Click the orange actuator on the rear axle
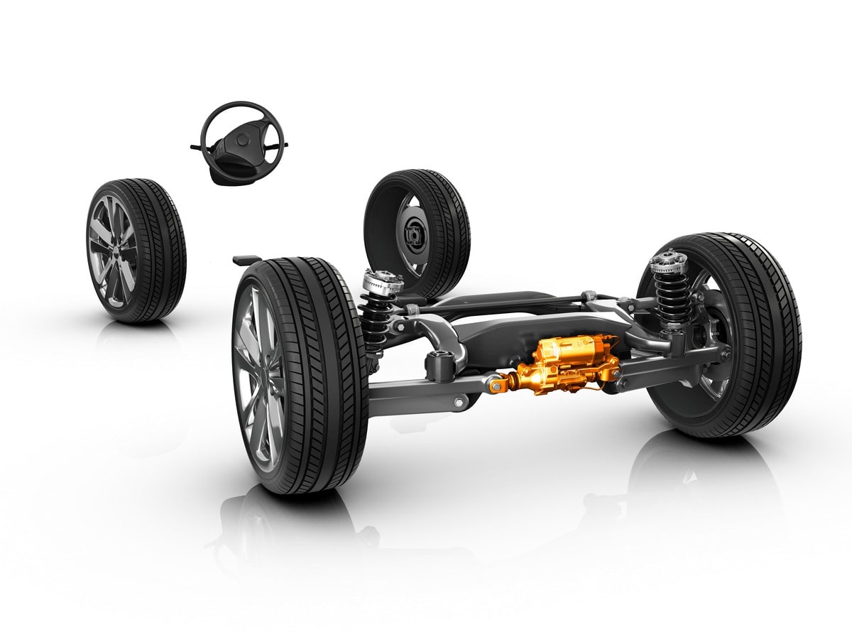click(x=561, y=369)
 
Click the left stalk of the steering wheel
click(x=197, y=148)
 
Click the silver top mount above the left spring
click(x=383, y=281)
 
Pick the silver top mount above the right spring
click(x=668, y=263)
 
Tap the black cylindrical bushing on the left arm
click(x=437, y=365)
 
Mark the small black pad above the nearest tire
click(x=245, y=259)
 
